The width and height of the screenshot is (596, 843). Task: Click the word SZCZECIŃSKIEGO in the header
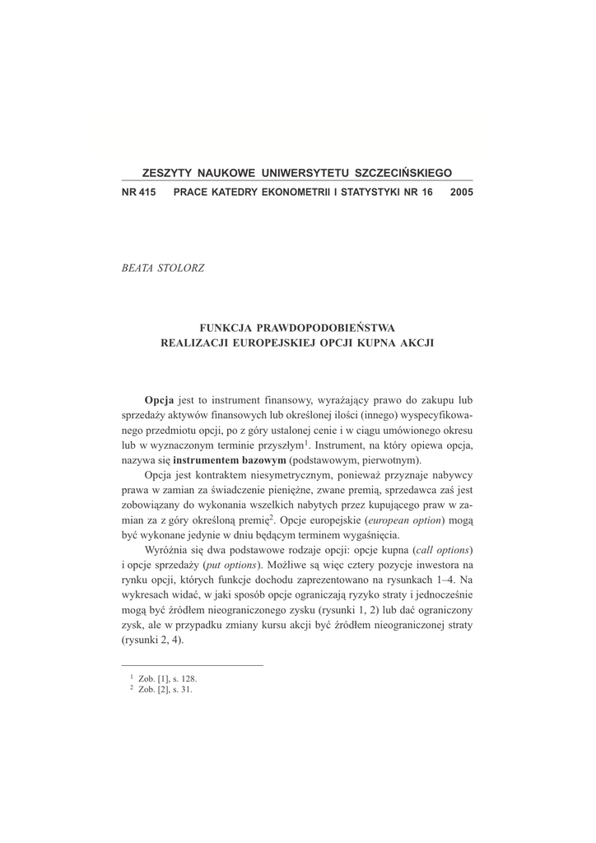pos(403,174)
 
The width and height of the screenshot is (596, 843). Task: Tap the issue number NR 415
pos(138,192)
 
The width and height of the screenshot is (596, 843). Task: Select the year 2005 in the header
pos(462,192)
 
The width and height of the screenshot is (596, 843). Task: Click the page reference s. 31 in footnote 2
pos(181,689)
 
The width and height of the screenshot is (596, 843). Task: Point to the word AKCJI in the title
pos(416,342)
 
